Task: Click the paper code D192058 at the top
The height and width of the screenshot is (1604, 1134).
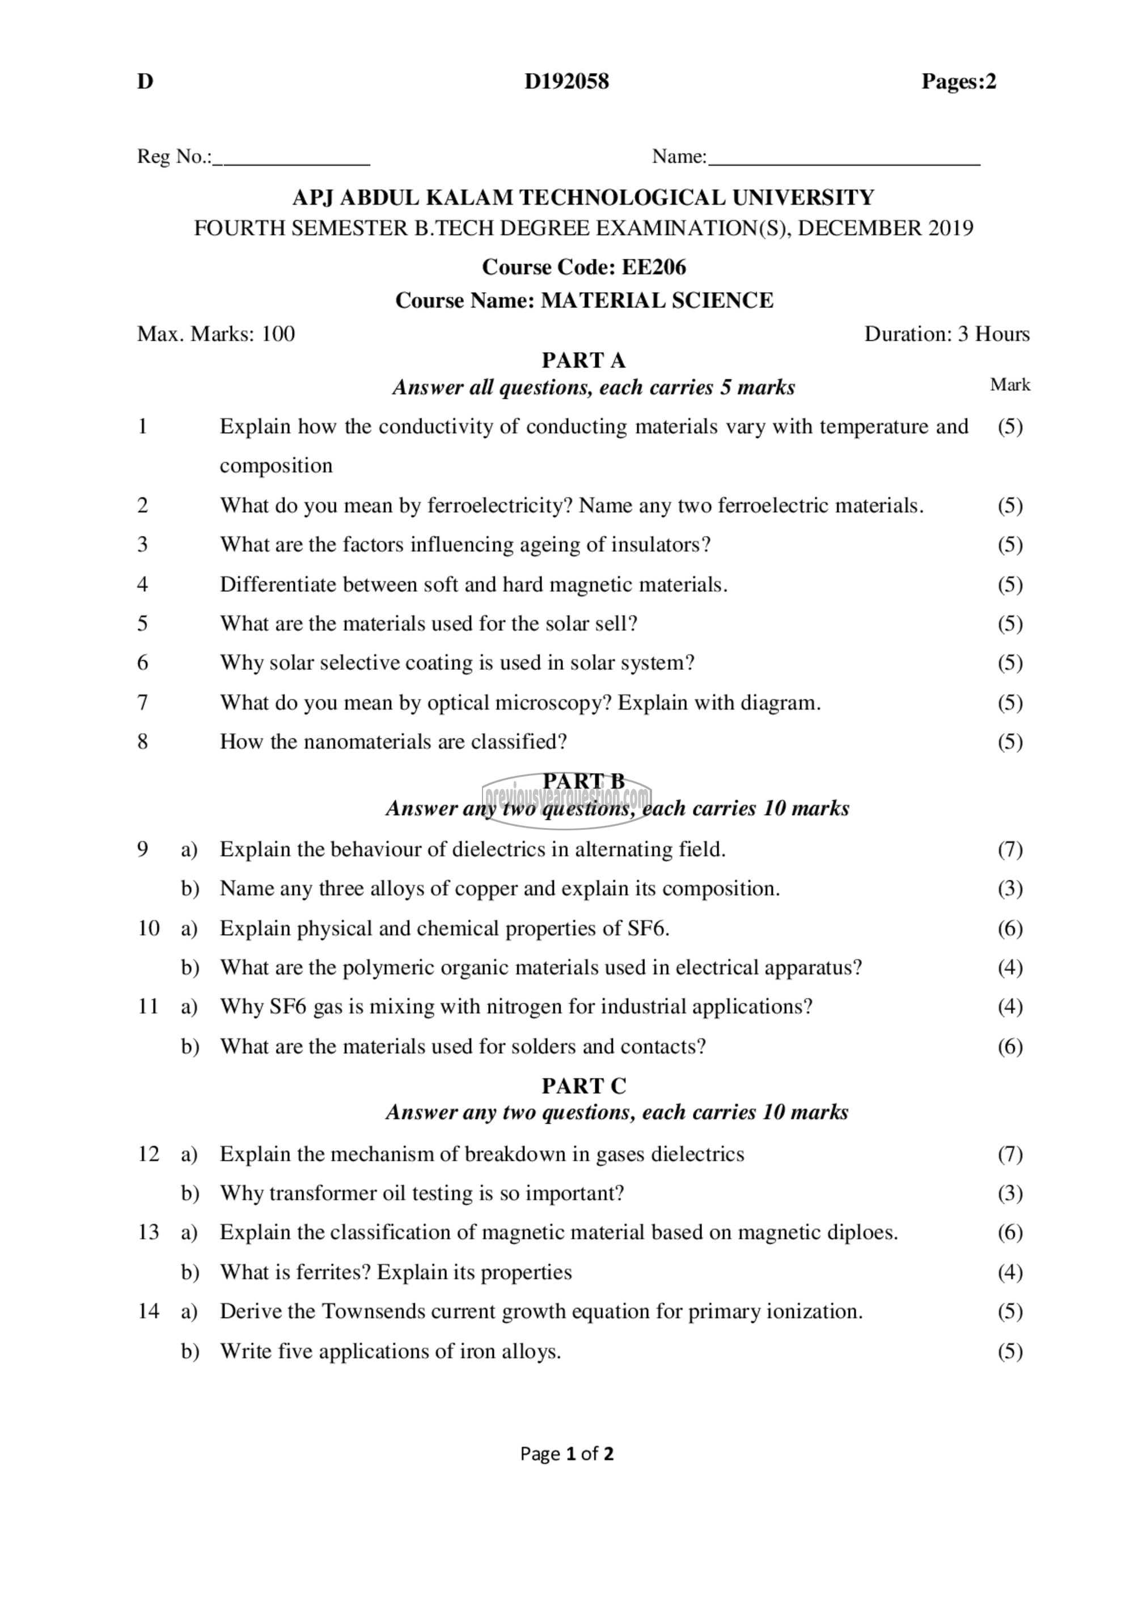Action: (x=566, y=82)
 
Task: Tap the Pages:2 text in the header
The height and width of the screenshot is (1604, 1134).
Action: (x=958, y=82)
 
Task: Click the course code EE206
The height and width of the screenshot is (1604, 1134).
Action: (x=654, y=267)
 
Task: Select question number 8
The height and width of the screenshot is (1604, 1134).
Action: (x=143, y=741)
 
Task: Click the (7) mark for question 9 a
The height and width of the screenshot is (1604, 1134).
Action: (x=1010, y=850)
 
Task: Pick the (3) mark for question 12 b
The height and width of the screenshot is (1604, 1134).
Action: (x=1010, y=1193)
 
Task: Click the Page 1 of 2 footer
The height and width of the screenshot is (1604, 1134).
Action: (x=566, y=1454)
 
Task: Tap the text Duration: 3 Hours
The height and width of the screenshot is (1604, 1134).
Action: (x=946, y=334)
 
